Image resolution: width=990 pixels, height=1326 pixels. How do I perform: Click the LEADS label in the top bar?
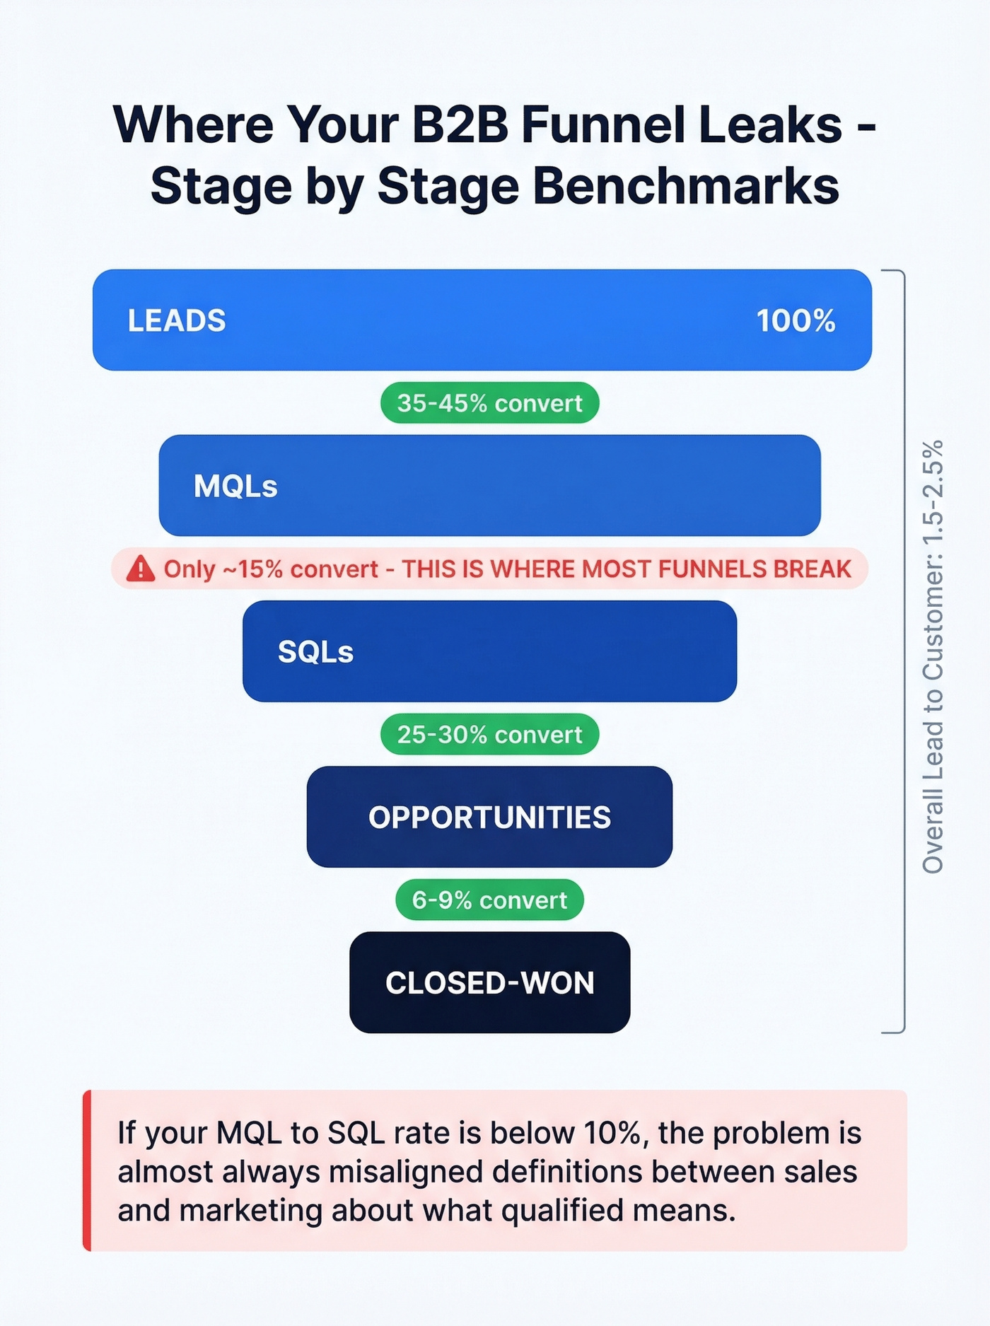pyautogui.click(x=176, y=320)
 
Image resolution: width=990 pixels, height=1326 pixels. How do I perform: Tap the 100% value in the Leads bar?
pyautogui.click(x=796, y=320)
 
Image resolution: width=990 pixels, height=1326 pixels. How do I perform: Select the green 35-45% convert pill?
pyautogui.click(x=489, y=403)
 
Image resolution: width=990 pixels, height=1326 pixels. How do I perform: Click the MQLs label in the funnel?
pyautogui.click(x=235, y=486)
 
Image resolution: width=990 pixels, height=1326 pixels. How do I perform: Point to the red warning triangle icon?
pyautogui.click(x=141, y=569)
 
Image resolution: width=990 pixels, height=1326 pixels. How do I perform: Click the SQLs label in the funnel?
pyautogui.click(x=315, y=651)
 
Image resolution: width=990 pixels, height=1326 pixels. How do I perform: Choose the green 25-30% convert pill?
pyautogui.click(x=489, y=735)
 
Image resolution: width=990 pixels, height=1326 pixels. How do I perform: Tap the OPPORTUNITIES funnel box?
pyautogui.click(x=489, y=817)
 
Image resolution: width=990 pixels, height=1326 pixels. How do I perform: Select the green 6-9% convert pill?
pyautogui.click(x=489, y=900)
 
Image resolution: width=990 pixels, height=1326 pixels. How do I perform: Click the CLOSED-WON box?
pyautogui.click(x=489, y=982)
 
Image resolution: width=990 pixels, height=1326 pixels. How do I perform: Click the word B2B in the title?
pyautogui.click(x=460, y=125)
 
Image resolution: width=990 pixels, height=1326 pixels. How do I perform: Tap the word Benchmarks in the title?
pyautogui.click(x=685, y=187)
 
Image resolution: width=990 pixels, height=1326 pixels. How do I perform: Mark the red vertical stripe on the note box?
pyautogui.click(x=87, y=1170)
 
